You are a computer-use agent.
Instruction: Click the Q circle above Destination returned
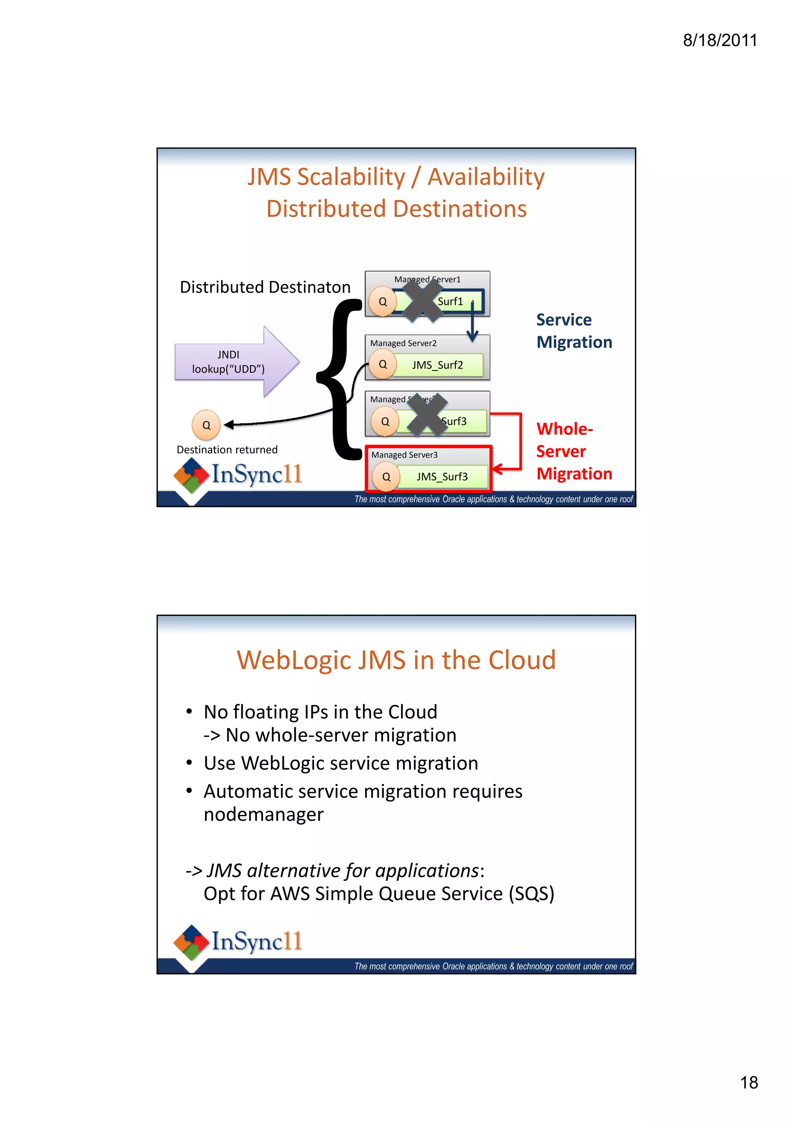(206, 425)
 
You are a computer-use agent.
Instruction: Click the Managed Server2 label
(403, 343)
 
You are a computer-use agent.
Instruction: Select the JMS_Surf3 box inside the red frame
(442, 477)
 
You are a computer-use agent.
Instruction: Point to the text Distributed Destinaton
(265, 287)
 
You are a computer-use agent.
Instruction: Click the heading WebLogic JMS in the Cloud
(396, 660)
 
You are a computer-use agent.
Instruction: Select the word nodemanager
(263, 814)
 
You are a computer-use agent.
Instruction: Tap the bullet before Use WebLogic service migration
(189, 763)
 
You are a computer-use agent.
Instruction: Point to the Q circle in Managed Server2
(383, 364)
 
